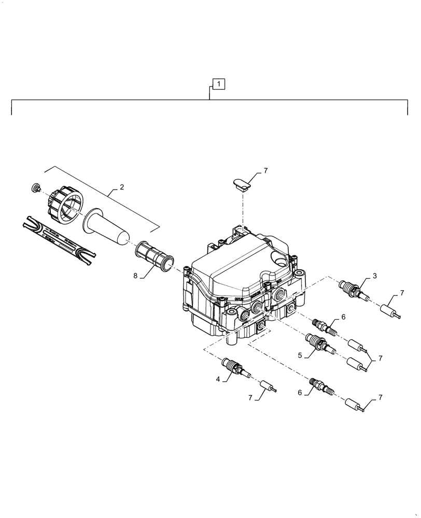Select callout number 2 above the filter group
122,188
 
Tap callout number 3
374,277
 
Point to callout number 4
218,379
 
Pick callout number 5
300,355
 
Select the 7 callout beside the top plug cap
265,170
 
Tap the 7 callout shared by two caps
381,358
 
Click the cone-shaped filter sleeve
106,225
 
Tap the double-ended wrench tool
60,239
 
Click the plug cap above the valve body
240,183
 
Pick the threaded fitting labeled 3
349,289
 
